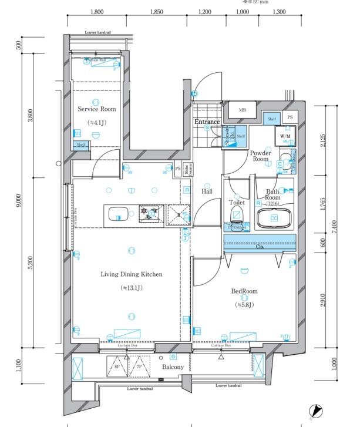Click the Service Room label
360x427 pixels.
click(x=96, y=109)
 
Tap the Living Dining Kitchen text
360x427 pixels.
click(x=131, y=274)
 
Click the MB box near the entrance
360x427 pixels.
click(x=242, y=110)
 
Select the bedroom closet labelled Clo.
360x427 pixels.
click(x=260, y=247)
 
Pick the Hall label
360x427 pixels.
click(x=207, y=191)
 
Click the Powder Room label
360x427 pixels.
click(x=260, y=156)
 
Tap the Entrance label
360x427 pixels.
click(x=207, y=122)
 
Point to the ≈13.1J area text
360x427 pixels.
click(x=132, y=288)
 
